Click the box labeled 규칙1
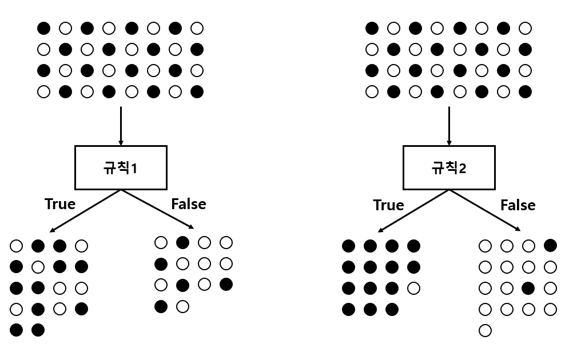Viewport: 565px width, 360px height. pyautogui.click(x=121, y=168)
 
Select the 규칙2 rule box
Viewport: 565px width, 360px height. pyautogui.click(x=449, y=168)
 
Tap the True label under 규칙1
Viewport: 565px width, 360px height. pyautogui.click(x=60, y=204)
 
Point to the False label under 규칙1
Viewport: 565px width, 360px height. pyautogui.click(x=188, y=204)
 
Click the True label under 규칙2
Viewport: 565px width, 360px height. pyautogui.click(x=388, y=205)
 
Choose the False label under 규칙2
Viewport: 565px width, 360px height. pyautogui.click(x=518, y=205)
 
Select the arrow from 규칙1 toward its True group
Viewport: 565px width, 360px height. pyautogui.click(x=86, y=211)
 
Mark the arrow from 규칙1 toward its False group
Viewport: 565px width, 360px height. pyautogui.click(x=157, y=210)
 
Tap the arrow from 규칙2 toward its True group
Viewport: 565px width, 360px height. pyautogui.click(x=413, y=211)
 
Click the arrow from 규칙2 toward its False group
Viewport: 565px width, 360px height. pyautogui.click(x=485, y=210)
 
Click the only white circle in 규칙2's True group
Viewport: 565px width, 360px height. pyautogui.click(x=413, y=288)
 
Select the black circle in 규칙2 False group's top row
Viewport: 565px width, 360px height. pyautogui.click(x=551, y=246)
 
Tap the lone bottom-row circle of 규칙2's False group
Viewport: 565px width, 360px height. pyautogui.click(x=485, y=330)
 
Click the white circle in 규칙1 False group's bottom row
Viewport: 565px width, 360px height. pyautogui.click(x=182, y=306)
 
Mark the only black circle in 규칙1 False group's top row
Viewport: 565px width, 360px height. pyautogui.click(x=182, y=242)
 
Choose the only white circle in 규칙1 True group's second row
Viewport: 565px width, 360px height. pyautogui.click(x=38, y=267)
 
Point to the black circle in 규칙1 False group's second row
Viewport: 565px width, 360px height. pyautogui.click(x=161, y=264)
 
